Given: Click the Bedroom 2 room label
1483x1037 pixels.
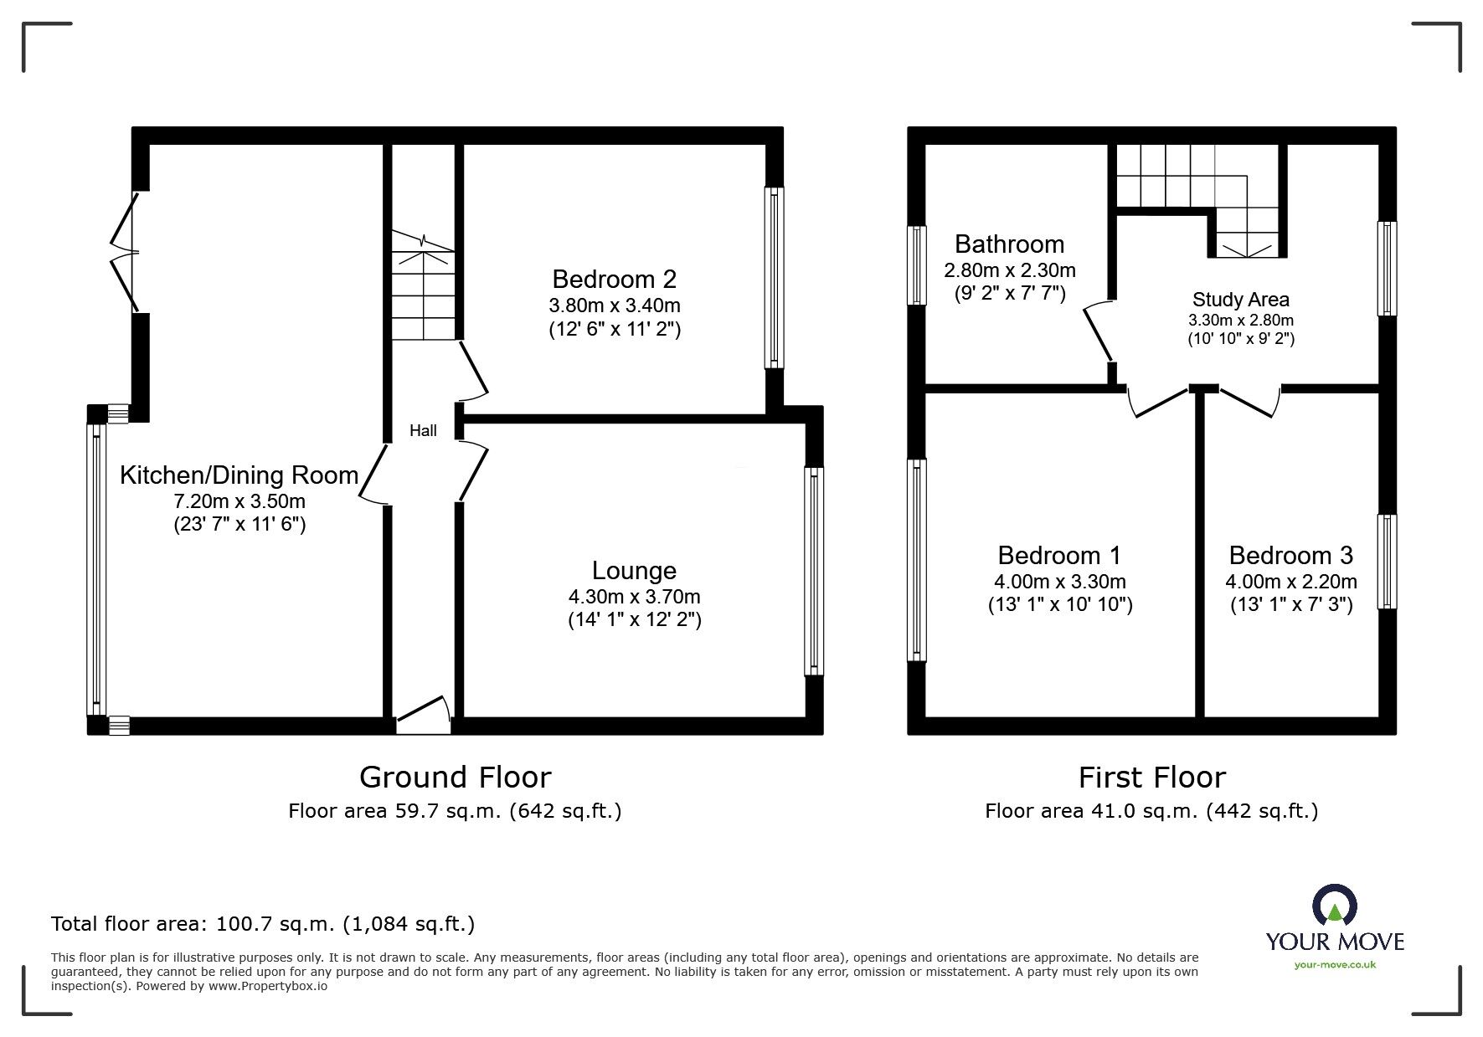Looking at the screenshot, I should (x=614, y=279).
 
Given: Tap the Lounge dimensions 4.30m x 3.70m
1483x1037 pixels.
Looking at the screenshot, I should (x=634, y=597).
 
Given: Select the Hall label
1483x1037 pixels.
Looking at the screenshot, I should (x=423, y=431).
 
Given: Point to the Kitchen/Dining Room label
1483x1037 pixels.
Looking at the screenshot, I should (x=239, y=475).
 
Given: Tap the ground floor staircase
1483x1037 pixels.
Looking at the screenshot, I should (x=424, y=289).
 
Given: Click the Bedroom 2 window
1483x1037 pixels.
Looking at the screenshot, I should (x=775, y=277).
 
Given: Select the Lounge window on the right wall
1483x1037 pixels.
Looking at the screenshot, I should (x=813, y=571).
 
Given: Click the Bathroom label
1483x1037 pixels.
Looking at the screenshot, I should (x=1009, y=244).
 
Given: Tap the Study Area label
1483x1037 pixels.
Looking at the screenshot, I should (x=1240, y=300).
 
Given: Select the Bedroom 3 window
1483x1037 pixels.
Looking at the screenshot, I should (x=1387, y=561).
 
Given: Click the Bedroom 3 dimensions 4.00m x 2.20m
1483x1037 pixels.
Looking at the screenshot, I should (x=1290, y=582).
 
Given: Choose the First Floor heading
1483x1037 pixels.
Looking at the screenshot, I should (x=1151, y=778).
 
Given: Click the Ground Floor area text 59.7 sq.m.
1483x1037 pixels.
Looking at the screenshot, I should (x=455, y=810).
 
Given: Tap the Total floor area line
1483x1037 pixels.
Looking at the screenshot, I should (x=263, y=924).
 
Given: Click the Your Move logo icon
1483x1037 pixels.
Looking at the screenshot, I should (x=1335, y=906).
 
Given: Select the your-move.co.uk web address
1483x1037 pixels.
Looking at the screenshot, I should (x=1335, y=965).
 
